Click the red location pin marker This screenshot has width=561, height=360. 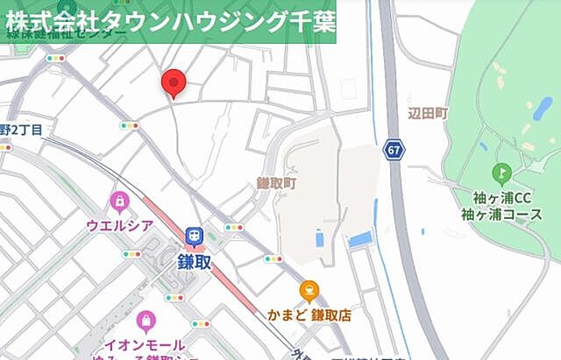[x=174, y=82]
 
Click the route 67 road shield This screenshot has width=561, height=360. [x=394, y=151]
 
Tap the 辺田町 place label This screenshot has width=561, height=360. [x=428, y=114]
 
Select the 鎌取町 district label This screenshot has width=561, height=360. [x=277, y=183]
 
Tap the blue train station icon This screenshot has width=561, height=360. [x=193, y=236]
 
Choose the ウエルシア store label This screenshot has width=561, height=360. [x=120, y=226]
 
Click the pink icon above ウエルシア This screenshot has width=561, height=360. [x=118, y=202]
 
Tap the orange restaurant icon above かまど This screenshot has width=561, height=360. [x=309, y=291]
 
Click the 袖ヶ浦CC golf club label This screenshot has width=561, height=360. [x=498, y=197]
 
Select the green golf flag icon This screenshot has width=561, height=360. [x=501, y=173]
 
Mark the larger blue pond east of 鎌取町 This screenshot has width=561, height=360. [x=360, y=238]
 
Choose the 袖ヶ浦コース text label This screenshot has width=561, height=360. [x=498, y=215]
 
